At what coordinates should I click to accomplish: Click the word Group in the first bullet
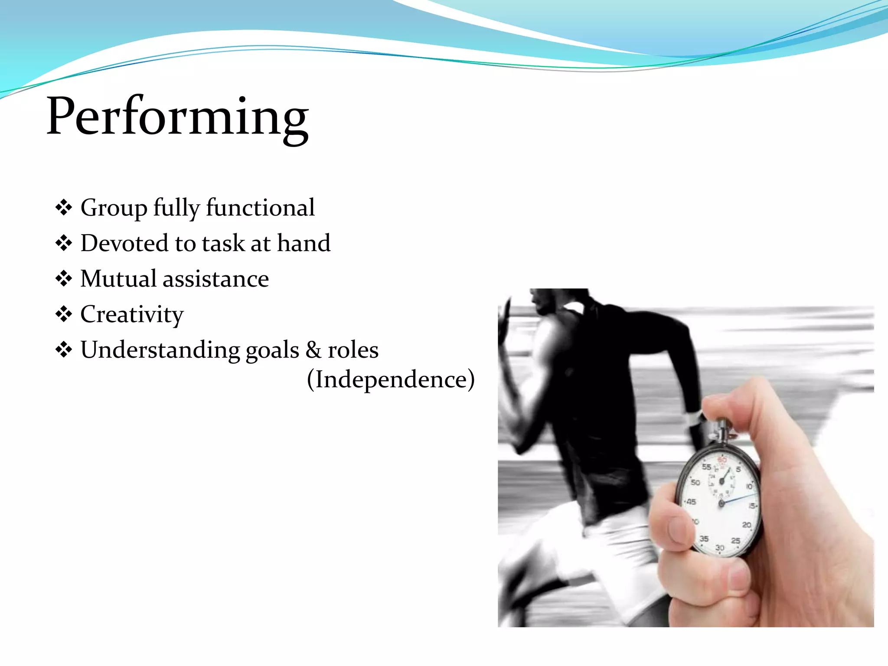(x=114, y=208)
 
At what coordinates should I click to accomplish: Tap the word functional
(x=260, y=207)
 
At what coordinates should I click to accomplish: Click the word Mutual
(x=118, y=278)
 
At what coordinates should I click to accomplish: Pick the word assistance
(x=215, y=279)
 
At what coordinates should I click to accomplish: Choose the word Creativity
(x=132, y=315)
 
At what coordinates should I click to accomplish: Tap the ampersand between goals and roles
(x=313, y=350)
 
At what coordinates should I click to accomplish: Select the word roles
(x=353, y=350)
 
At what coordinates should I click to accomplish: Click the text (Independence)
(x=391, y=380)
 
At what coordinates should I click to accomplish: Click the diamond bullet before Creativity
(x=64, y=314)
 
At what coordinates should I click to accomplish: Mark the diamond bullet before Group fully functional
(x=64, y=208)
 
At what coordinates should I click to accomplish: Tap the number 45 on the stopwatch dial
(x=691, y=502)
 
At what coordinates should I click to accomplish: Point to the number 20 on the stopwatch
(x=747, y=525)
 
